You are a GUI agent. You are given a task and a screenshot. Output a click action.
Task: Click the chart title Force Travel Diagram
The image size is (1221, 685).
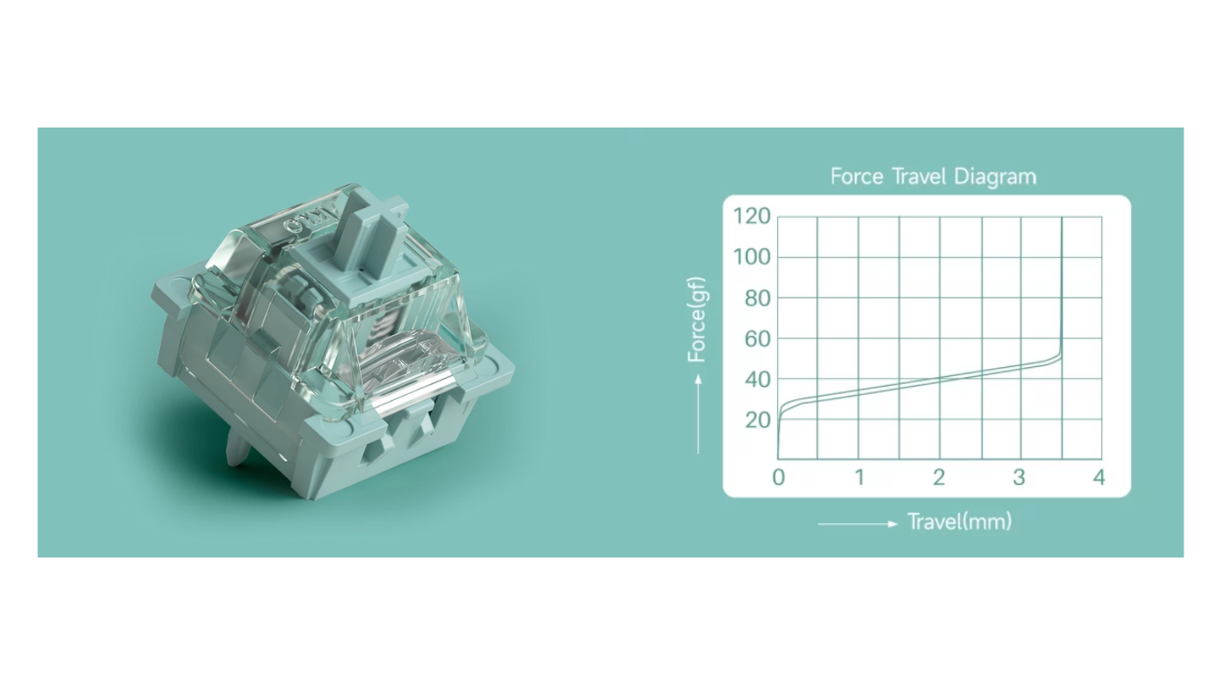coord(932,177)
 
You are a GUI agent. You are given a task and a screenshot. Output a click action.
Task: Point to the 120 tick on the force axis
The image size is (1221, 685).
coord(752,216)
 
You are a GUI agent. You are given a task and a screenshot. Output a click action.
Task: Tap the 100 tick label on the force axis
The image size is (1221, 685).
coord(752,256)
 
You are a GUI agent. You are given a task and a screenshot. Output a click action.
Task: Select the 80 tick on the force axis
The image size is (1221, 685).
coord(757,298)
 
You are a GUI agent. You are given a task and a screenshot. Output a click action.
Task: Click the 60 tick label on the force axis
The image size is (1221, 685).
coord(757,339)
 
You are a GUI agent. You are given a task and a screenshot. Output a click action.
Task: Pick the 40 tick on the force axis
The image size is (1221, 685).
coord(757,380)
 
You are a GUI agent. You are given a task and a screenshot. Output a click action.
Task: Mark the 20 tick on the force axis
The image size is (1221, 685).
coord(757,420)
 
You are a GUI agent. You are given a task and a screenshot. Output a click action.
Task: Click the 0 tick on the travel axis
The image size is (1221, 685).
coord(778,478)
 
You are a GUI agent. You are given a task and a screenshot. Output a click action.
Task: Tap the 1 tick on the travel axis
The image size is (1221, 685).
coord(859,478)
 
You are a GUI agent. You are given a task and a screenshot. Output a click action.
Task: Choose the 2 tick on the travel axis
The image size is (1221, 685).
coord(939,478)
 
